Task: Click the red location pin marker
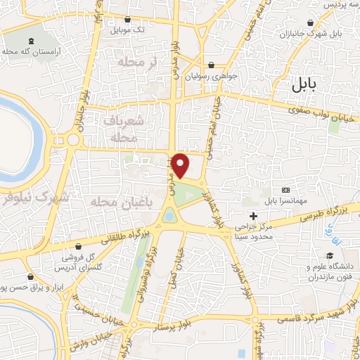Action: (181, 165)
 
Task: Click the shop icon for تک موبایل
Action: (127, 20)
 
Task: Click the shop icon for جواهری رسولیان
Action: (211, 65)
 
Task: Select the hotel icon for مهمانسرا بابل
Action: (285, 191)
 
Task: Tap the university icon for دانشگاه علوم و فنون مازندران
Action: (328, 256)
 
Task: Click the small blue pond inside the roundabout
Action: (170, 217)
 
